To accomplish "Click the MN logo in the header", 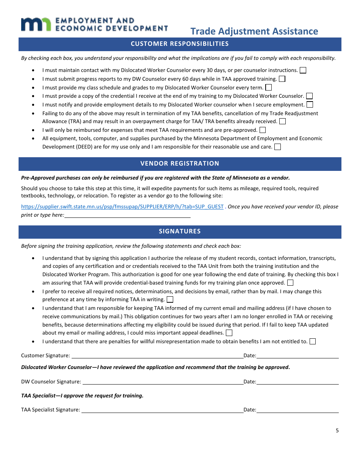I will [36, 24].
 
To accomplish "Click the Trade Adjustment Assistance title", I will [254, 31].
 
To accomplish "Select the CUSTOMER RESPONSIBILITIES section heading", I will [180, 44].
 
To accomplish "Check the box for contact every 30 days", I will [303, 70].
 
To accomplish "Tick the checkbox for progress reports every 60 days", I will [282, 79].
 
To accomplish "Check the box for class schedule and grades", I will [268, 88].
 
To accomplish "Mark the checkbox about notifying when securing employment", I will [310, 105].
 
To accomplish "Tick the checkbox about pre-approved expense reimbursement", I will [262, 130].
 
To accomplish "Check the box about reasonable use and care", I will [277, 147].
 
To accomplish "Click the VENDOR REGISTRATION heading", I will [180, 163].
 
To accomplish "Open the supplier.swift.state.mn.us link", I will [122, 206].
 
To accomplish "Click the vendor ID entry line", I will [127, 215].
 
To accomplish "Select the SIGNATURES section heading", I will [180, 231].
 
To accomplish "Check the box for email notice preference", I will [170, 300].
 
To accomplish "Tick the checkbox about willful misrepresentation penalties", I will [312, 341].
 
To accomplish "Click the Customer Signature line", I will [157, 355].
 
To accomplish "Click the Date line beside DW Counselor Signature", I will [297, 382].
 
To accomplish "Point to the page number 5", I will [337, 430].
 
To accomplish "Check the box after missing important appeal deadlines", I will [229, 333].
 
